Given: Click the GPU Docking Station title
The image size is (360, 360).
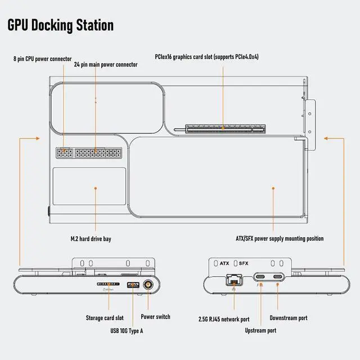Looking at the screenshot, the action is click(x=61, y=25).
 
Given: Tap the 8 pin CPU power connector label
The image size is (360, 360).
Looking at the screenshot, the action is click(x=43, y=59).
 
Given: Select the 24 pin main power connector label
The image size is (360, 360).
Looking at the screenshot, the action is click(x=106, y=65).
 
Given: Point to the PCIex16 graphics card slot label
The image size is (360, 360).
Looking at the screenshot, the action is click(x=206, y=57).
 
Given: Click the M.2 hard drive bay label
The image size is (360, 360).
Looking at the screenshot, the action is click(x=91, y=238).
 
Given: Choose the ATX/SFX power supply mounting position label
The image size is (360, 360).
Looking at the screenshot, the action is click(x=280, y=238).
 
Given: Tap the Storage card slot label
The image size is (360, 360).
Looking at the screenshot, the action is click(x=105, y=318).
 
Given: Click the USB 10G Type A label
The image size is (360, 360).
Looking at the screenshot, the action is click(x=127, y=331).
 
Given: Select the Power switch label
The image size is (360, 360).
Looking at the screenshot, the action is click(x=155, y=317).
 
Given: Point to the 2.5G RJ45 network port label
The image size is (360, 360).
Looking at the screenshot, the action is click(x=224, y=319).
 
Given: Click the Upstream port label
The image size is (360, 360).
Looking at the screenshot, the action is click(x=260, y=330).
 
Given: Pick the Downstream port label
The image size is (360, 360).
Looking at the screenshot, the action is click(x=289, y=318).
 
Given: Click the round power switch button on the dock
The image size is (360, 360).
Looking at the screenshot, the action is click(x=148, y=285).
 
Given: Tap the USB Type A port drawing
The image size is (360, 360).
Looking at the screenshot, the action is click(x=133, y=285).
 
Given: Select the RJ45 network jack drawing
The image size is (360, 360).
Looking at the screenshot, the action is click(x=234, y=280).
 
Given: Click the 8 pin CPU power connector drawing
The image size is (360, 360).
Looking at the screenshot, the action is click(x=65, y=153).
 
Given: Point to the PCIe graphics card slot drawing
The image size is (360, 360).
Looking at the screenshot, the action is click(x=226, y=129).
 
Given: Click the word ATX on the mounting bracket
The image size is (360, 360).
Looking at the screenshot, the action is click(x=224, y=263).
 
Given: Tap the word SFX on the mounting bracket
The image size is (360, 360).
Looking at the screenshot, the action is click(x=244, y=263).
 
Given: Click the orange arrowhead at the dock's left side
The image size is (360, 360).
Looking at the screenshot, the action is click(x=38, y=138).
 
